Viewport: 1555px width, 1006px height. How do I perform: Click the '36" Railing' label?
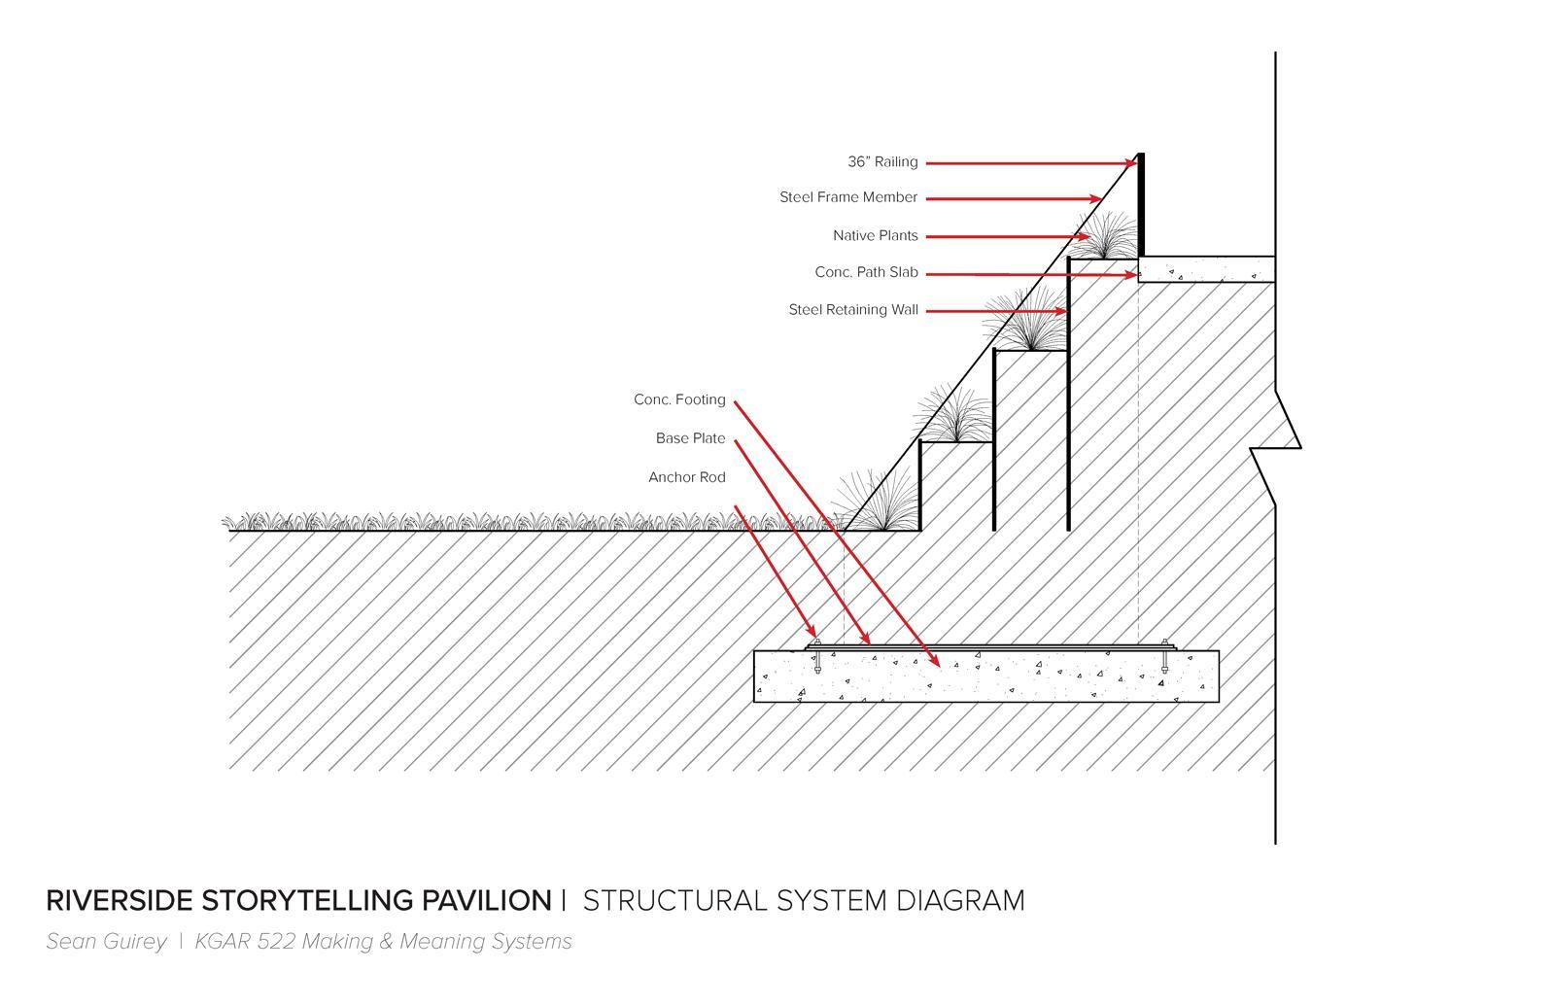(x=881, y=162)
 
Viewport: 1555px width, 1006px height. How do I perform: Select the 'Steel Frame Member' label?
(x=847, y=197)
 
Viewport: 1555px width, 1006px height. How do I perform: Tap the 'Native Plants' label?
(x=875, y=236)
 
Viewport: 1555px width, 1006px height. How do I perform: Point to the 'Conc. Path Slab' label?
(x=866, y=273)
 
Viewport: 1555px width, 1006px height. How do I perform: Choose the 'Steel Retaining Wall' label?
(x=852, y=310)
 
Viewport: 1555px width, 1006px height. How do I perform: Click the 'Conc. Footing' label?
(x=679, y=399)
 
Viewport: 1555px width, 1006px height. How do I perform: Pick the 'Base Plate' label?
(x=690, y=438)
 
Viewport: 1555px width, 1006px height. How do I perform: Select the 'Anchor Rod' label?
(x=686, y=477)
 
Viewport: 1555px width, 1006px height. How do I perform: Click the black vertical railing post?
(x=1141, y=204)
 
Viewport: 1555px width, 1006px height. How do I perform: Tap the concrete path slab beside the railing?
(x=1206, y=269)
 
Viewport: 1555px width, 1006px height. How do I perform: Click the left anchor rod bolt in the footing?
(x=817, y=657)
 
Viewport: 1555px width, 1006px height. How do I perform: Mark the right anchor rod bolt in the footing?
(x=1164, y=657)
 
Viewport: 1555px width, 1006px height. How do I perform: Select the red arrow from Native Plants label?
(x=1006, y=236)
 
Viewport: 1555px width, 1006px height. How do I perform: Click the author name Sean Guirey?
(x=106, y=942)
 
